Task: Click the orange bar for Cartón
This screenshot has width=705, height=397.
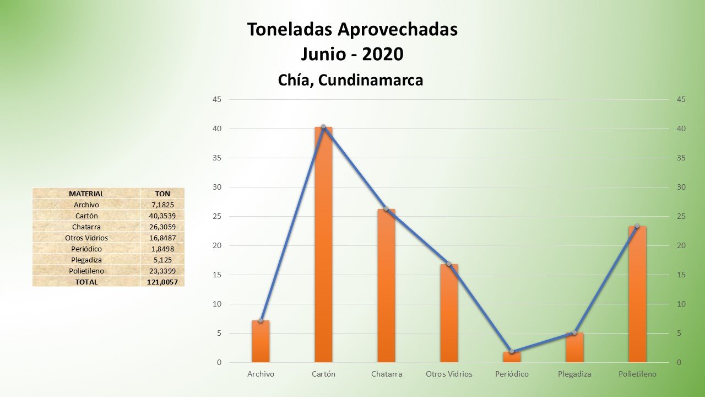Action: coord(323,245)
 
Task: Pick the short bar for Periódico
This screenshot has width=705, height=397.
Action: coord(512,357)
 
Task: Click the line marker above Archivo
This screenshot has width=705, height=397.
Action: coord(261,320)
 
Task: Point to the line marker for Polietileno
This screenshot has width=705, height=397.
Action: coord(637,226)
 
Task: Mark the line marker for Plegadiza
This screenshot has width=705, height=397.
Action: coord(574,332)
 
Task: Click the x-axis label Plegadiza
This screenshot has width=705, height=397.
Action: coord(574,374)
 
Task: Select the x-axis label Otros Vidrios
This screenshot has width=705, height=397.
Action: coord(449,374)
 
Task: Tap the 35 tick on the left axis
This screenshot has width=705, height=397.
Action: coord(217,158)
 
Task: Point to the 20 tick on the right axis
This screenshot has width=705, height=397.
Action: coord(681,246)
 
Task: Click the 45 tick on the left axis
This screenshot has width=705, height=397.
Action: coord(217,100)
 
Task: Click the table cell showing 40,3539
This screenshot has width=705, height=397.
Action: coord(162,216)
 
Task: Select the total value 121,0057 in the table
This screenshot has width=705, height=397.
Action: coord(162,282)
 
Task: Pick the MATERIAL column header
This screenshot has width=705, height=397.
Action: coord(86,194)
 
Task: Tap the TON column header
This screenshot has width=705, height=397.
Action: coord(162,194)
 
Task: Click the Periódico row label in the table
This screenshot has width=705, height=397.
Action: coord(86,249)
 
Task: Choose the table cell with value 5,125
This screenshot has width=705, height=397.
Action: coord(162,260)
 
